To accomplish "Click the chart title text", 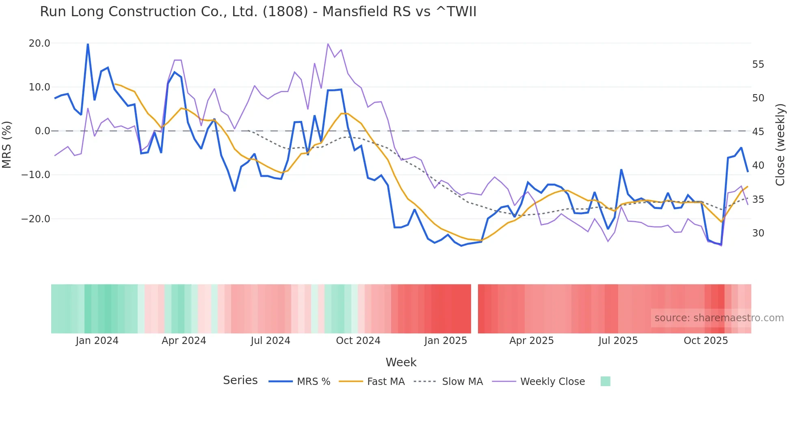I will click(x=258, y=12).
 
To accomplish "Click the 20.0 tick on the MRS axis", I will click(x=39, y=43).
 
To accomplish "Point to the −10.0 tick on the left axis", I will click(x=36, y=175).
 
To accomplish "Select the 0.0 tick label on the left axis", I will click(x=42, y=131).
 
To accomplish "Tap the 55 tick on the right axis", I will click(x=758, y=64).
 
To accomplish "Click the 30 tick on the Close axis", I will click(x=758, y=233).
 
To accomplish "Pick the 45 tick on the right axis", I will click(x=758, y=132).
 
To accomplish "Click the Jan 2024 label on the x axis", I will click(x=97, y=341).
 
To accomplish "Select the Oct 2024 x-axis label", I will click(x=358, y=341).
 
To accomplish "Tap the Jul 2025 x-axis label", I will click(x=618, y=341).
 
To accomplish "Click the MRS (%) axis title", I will click(x=7, y=145).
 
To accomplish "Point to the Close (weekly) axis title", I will click(x=780, y=145).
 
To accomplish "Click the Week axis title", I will click(x=401, y=362).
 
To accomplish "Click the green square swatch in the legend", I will click(x=605, y=381).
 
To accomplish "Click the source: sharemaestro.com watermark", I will click(x=719, y=318).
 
